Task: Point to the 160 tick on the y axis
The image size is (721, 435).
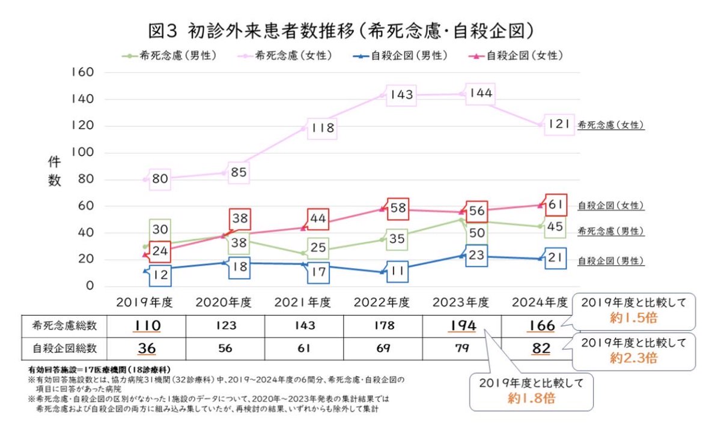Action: [x=82, y=73]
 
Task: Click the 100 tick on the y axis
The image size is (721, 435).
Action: [x=82, y=153]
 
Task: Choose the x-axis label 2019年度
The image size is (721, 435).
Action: [x=144, y=302]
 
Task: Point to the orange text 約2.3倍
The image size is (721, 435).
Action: [x=633, y=358]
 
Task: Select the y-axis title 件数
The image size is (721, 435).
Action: [x=55, y=172]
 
